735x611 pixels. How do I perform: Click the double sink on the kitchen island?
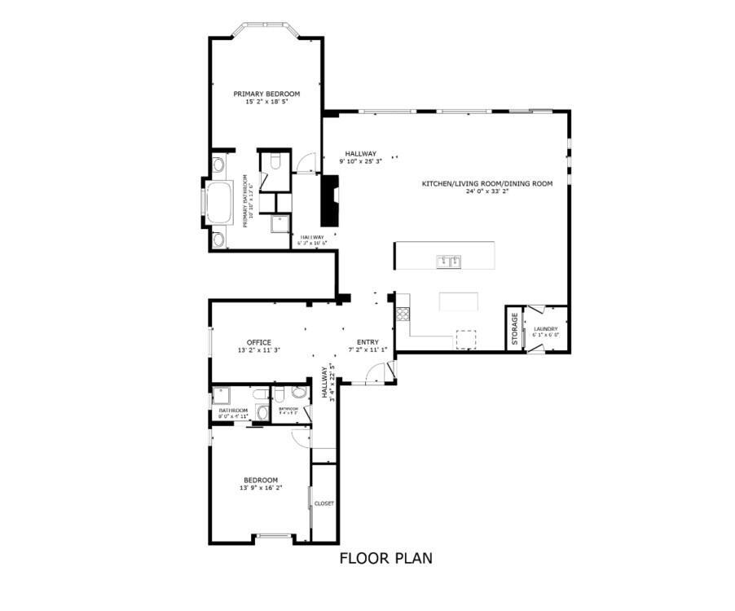pyautogui.click(x=447, y=262)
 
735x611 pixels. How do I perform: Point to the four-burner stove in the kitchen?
pyautogui.click(x=402, y=314)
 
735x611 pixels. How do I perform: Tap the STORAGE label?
pyautogui.click(x=514, y=328)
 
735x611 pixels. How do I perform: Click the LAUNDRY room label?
pyautogui.click(x=545, y=328)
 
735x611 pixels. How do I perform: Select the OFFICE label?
pyautogui.click(x=259, y=342)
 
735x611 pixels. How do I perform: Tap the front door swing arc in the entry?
pyautogui.click(x=376, y=372)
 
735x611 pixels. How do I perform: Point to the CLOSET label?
pyautogui.click(x=323, y=503)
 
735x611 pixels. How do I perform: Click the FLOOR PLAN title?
pyautogui.click(x=385, y=559)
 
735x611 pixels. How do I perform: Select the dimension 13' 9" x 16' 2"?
pyautogui.click(x=260, y=489)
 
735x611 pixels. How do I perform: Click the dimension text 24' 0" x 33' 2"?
pyautogui.click(x=486, y=193)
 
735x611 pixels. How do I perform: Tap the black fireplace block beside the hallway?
pyautogui.click(x=330, y=201)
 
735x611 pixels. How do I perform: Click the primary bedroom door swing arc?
pyautogui.click(x=305, y=164)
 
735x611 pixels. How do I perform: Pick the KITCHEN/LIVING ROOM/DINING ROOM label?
pyautogui.click(x=486, y=184)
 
